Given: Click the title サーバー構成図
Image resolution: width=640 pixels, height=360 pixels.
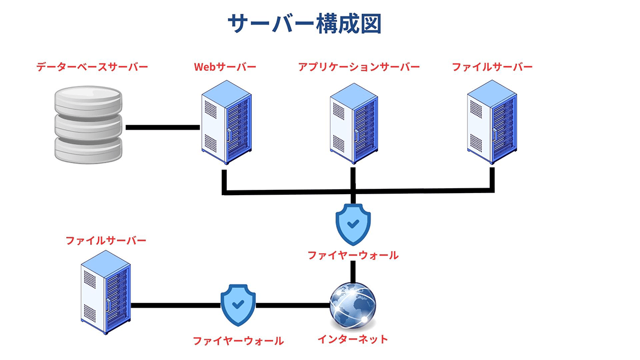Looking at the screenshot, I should coord(305,24).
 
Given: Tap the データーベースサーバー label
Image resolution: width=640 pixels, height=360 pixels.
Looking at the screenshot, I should coord(92,67).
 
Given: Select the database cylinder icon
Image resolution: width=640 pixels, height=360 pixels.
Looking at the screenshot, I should coord(89,126).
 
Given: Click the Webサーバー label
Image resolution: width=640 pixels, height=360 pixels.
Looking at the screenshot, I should coord(225,67).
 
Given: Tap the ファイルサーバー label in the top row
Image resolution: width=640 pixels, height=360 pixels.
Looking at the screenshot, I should coord(492,67).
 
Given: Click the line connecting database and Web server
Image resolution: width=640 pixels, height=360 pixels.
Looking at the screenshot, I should coord(162,127).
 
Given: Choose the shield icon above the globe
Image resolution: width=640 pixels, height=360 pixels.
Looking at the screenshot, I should coord(353,224).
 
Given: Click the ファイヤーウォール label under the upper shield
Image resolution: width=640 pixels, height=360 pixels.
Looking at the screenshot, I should coord(353,255).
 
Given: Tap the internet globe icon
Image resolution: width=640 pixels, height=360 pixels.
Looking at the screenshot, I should coord(353,305).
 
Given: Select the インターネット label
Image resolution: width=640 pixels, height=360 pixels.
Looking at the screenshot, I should coord(353,339).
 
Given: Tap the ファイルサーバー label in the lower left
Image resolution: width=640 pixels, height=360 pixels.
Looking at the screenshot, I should coord(106,241).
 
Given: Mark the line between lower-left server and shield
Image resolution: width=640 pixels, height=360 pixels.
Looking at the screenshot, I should coord(175,306).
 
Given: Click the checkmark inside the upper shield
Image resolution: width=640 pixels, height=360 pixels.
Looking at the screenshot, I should coord(353,223).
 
